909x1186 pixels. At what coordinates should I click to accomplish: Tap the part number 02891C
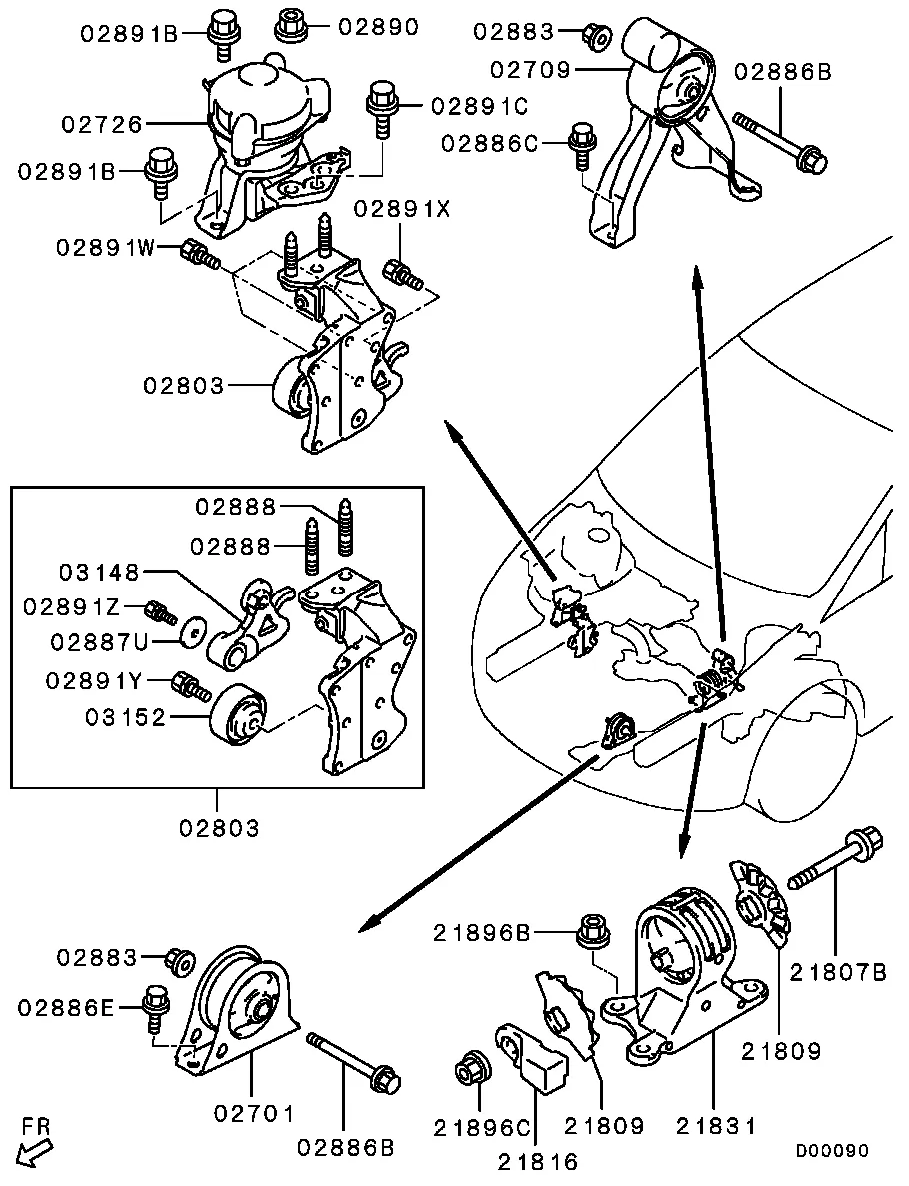[479, 104]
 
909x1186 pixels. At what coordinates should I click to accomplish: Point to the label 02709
[530, 70]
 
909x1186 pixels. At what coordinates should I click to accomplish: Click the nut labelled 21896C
[469, 1069]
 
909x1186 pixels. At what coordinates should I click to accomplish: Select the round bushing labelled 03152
[237, 716]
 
